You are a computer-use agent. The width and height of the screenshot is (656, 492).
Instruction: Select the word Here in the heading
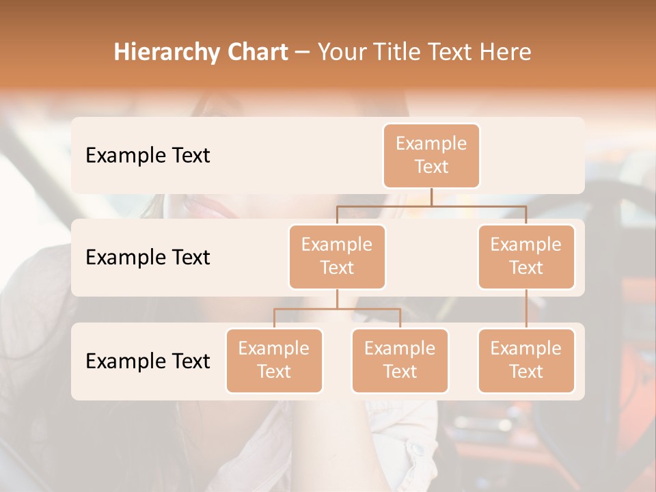505,53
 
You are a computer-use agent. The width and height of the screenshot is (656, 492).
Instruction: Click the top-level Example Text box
431,156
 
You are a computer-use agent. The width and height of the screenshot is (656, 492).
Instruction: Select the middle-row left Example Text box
337,256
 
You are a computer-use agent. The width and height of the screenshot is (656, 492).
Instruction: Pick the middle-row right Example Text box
526,256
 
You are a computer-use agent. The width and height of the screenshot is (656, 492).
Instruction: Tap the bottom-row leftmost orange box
274,360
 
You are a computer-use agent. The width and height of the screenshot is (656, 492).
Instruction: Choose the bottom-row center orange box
400,360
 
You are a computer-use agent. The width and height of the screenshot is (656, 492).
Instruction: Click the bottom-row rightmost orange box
526,360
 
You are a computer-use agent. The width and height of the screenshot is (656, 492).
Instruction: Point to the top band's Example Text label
148,156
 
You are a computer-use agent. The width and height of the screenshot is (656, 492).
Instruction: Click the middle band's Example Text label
148,258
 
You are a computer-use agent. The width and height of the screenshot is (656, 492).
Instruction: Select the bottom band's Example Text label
148,361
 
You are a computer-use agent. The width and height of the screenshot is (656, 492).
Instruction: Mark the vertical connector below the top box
431,197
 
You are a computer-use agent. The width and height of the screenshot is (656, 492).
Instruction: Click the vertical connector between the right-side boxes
526,309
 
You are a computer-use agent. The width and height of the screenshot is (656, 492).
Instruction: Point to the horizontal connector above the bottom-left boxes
337,309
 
